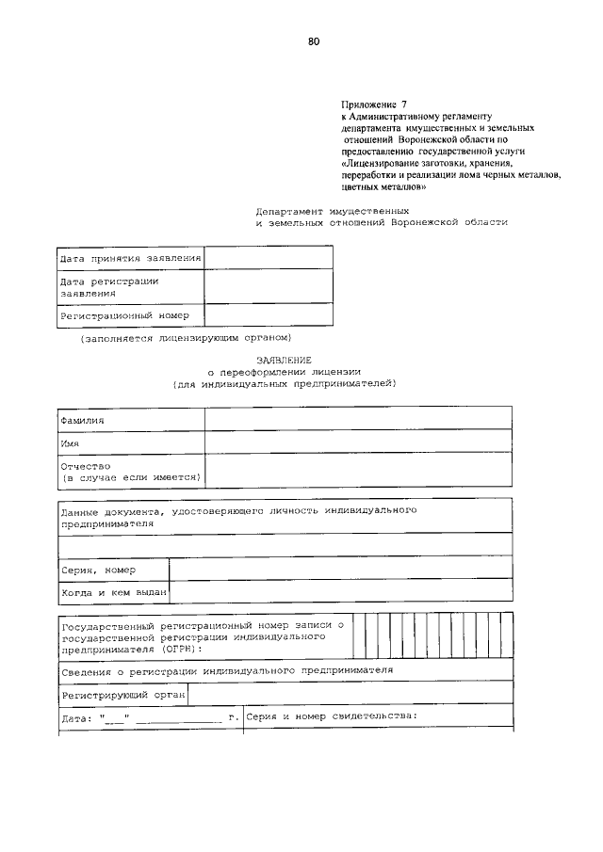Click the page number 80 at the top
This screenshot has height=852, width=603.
click(314, 41)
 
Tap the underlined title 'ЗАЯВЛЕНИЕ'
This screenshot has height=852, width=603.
click(284, 360)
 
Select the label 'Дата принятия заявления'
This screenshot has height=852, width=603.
click(130, 258)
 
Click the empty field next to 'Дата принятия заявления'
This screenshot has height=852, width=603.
click(269, 258)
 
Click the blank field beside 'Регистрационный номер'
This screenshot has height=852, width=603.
click(269, 316)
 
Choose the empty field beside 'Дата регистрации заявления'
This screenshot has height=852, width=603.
click(269, 286)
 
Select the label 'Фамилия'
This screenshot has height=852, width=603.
click(82, 419)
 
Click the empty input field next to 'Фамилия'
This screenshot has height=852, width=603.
click(358, 418)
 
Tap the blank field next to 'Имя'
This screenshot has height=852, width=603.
click(358, 442)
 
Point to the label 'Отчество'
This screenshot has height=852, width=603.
click(86, 466)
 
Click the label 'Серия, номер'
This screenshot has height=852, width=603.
click(98, 570)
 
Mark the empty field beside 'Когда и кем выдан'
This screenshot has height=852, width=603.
click(340, 592)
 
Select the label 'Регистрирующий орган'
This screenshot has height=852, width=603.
click(122, 695)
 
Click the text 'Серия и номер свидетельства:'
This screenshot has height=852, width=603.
click(331, 716)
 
